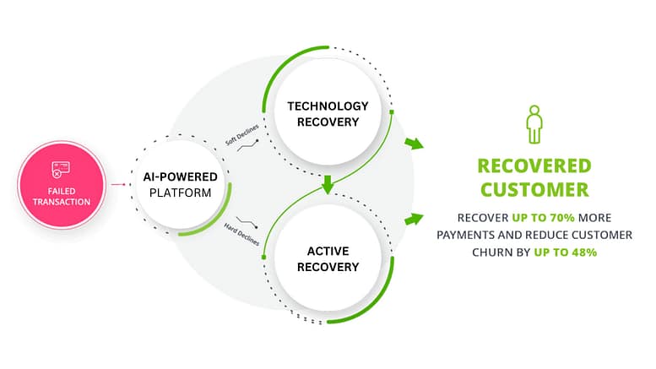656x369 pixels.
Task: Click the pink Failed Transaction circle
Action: [62, 183]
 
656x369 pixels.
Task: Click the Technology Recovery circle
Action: [328, 114]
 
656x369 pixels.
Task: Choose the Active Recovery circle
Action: [328, 259]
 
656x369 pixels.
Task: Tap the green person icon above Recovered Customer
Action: [534, 125]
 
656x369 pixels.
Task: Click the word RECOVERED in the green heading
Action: [534, 166]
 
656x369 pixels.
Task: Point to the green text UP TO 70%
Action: [543, 217]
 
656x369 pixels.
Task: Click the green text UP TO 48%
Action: [565, 252]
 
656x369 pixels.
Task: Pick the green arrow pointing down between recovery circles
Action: [328, 185]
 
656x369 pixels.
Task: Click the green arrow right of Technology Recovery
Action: [414, 144]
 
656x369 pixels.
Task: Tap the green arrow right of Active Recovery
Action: [413, 220]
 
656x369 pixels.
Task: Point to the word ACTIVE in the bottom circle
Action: [328, 251]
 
